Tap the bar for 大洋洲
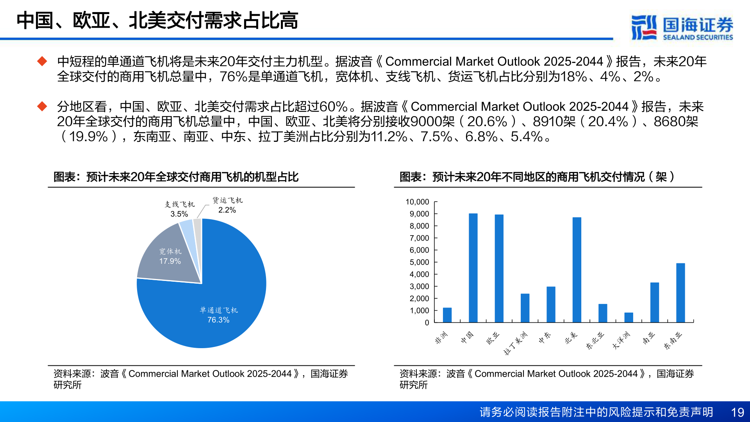[x=629, y=317]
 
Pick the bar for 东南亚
[x=680, y=293]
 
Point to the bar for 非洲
[x=447, y=315]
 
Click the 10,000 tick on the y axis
[x=417, y=202]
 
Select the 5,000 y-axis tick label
[x=419, y=262]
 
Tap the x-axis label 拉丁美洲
[x=516, y=343]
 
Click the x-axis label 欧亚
[x=493, y=338]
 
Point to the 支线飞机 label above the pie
[x=179, y=204]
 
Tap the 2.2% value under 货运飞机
[x=227, y=210]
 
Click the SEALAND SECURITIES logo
[x=682, y=27]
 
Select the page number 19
[x=737, y=412]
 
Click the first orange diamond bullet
[x=42, y=61]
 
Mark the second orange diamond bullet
[x=42, y=106]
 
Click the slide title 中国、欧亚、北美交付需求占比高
[x=157, y=20]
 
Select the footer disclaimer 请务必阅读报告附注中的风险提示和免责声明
[x=596, y=412]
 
